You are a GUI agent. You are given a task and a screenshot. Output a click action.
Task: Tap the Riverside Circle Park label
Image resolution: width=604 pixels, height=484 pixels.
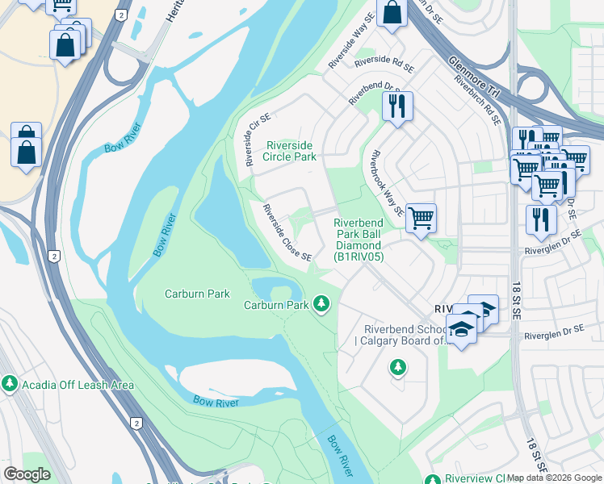tap(292, 151)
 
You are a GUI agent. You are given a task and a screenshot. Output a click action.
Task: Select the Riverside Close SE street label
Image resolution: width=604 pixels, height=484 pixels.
tap(287, 232)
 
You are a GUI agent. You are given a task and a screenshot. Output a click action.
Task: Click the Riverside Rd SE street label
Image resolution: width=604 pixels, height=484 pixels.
tap(384, 60)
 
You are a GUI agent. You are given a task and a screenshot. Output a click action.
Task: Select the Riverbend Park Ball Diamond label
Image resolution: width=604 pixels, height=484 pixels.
tap(359, 240)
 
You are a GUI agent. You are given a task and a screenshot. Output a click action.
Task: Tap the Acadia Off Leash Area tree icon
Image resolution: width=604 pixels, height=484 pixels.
tap(10, 384)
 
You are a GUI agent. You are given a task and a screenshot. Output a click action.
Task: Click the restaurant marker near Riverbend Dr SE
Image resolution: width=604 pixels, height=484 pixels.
tap(396, 106)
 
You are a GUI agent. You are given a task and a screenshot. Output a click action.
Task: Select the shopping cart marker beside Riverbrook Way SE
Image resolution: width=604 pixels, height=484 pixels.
tap(421, 217)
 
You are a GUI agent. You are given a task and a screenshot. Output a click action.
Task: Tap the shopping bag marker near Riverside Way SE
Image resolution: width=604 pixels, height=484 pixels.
tap(392, 13)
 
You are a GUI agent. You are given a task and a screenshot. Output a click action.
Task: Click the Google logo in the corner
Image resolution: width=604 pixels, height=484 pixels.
tap(27, 474)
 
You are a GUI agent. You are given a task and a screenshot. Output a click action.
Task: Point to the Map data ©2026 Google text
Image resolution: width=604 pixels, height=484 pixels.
tap(554, 478)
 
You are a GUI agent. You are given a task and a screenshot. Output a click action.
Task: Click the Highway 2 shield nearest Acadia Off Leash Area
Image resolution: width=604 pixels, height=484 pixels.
tap(136, 423)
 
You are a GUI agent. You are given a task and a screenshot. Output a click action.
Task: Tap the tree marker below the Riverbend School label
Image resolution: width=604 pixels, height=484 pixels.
tap(397, 368)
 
